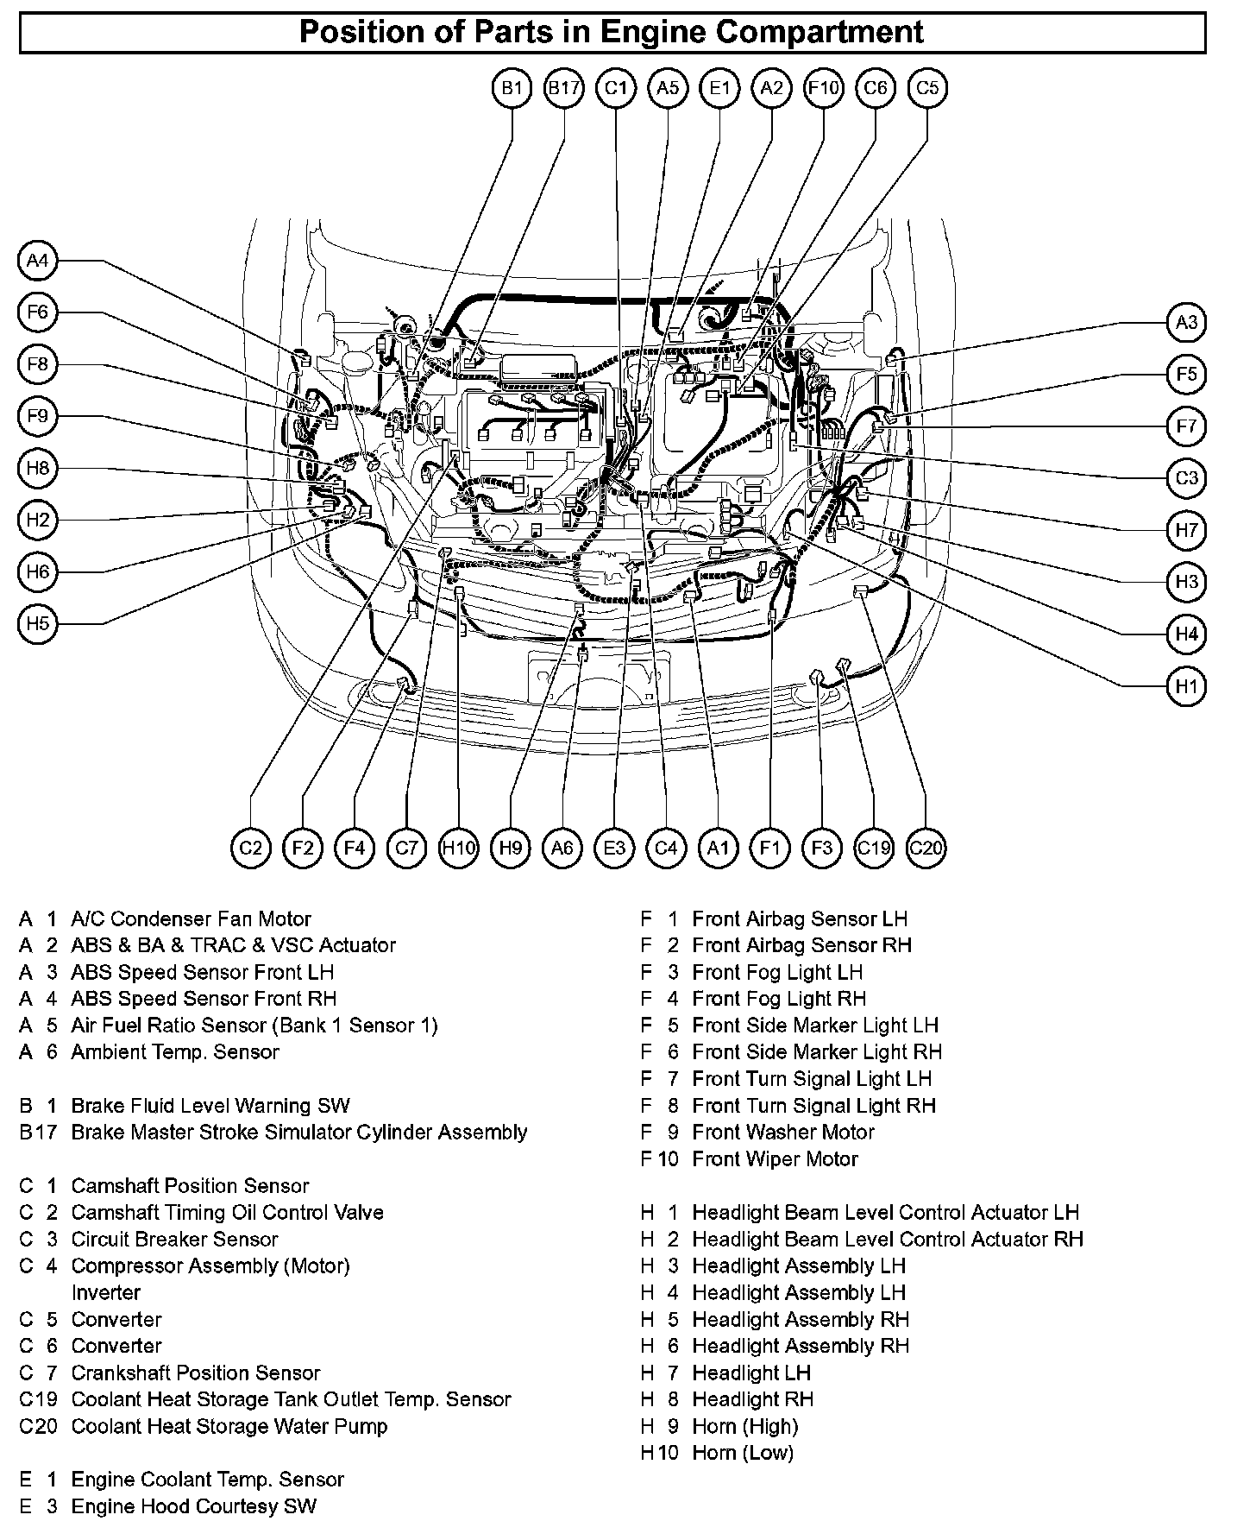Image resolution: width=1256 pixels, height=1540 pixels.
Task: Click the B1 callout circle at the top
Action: click(512, 88)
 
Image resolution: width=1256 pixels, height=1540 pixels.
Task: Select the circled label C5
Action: click(927, 88)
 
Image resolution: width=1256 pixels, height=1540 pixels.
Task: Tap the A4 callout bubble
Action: click(37, 260)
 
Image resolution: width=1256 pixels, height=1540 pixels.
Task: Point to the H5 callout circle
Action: click(37, 623)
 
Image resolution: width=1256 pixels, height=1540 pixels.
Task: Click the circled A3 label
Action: click(1187, 322)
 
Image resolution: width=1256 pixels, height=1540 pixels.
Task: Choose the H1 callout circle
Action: click(1187, 686)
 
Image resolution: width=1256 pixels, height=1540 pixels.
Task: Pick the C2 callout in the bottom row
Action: click(251, 848)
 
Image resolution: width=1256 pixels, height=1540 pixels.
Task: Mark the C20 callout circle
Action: click(926, 848)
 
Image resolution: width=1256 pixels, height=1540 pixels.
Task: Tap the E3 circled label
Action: click(614, 848)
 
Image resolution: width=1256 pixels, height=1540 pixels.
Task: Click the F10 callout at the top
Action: click(823, 88)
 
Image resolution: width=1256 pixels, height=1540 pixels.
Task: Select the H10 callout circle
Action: click(458, 848)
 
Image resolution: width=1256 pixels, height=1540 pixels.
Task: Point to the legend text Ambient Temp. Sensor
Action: click(175, 1052)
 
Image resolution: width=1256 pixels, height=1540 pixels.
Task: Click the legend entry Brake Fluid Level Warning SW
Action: click(210, 1106)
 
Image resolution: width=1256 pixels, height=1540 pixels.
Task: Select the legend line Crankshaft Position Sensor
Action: click(196, 1373)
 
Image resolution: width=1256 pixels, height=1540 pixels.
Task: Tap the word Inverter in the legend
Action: click(106, 1292)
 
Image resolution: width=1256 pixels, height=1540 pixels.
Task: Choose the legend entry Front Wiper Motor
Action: click(775, 1158)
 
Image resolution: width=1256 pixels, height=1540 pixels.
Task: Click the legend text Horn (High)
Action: click(745, 1426)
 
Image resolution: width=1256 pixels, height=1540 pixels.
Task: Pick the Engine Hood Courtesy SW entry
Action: click(194, 1506)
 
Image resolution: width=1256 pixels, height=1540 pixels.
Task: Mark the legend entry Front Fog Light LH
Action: click(777, 972)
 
